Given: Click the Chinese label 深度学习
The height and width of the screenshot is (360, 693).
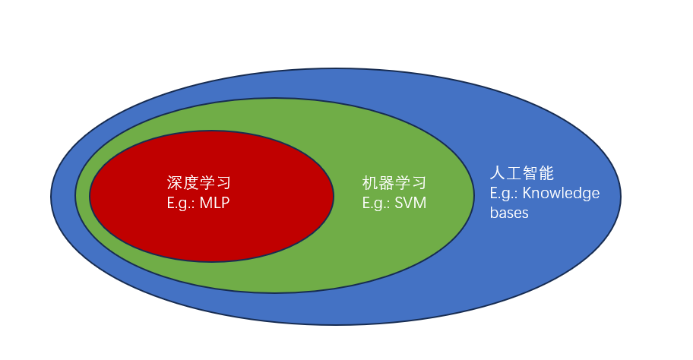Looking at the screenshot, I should [198, 183].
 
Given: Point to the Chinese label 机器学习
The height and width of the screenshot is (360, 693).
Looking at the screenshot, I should [394, 183].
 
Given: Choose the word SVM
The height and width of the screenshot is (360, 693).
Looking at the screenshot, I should [413, 203].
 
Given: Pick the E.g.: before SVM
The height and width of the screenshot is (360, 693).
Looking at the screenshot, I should [378, 203].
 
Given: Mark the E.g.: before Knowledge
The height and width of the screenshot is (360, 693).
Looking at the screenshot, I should [505, 193].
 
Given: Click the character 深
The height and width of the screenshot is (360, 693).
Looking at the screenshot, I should [175, 183].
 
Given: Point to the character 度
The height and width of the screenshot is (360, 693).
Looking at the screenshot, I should [191, 183].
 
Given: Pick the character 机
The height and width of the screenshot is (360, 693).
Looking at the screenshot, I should [370, 183].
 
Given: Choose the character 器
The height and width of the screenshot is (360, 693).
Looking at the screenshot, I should [386, 183].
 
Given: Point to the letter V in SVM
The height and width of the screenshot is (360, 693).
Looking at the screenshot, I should [411, 203].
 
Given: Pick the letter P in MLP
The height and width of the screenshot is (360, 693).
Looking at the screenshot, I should [226, 203].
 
